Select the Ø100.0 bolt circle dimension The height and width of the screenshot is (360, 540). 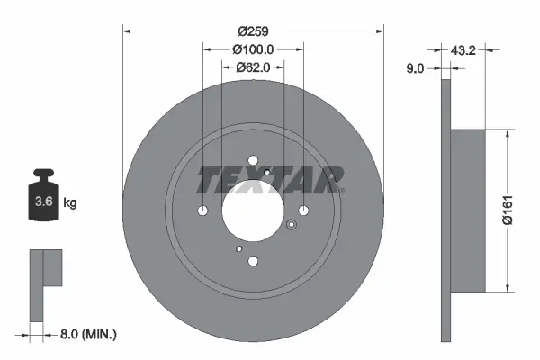point(253,49)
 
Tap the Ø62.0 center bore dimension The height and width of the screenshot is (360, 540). point(253,67)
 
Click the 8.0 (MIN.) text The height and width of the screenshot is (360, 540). point(88,334)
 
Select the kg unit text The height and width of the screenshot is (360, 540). point(69,204)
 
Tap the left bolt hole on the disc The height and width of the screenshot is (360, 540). point(203,211)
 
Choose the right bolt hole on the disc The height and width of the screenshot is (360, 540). point(303,211)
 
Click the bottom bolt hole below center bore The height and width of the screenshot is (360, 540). point(253,261)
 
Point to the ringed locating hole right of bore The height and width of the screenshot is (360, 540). point(290,226)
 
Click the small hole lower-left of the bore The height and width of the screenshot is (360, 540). point(238,248)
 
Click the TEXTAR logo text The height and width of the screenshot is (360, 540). point(270,180)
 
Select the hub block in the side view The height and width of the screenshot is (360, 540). point(467,211)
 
